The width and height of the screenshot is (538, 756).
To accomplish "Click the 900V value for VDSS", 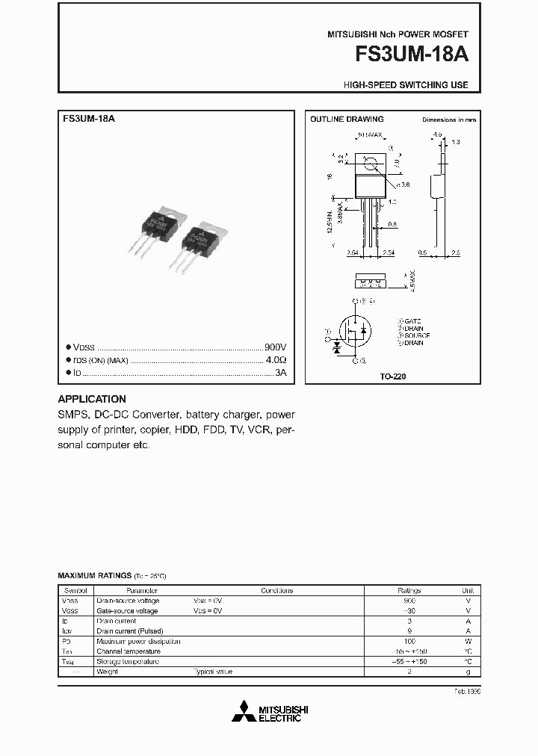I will coord(276,348).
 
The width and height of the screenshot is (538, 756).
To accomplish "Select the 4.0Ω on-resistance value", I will coord(276,360).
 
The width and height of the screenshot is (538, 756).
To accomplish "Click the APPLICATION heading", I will coord(92,399).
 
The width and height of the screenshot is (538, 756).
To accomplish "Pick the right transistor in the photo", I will coord(202,239).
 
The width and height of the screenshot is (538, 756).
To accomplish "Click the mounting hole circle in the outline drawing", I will coord(369,164).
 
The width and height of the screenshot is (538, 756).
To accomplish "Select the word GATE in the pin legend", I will coord(413,320).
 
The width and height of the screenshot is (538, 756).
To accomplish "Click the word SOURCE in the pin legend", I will coord(415,335).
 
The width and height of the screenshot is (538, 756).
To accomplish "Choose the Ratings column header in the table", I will coord(409,590).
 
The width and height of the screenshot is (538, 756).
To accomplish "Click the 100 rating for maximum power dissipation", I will coord(409,641).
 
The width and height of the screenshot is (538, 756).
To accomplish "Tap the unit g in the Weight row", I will coord(468,672).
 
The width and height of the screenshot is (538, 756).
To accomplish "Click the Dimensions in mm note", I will coord(449,120).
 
